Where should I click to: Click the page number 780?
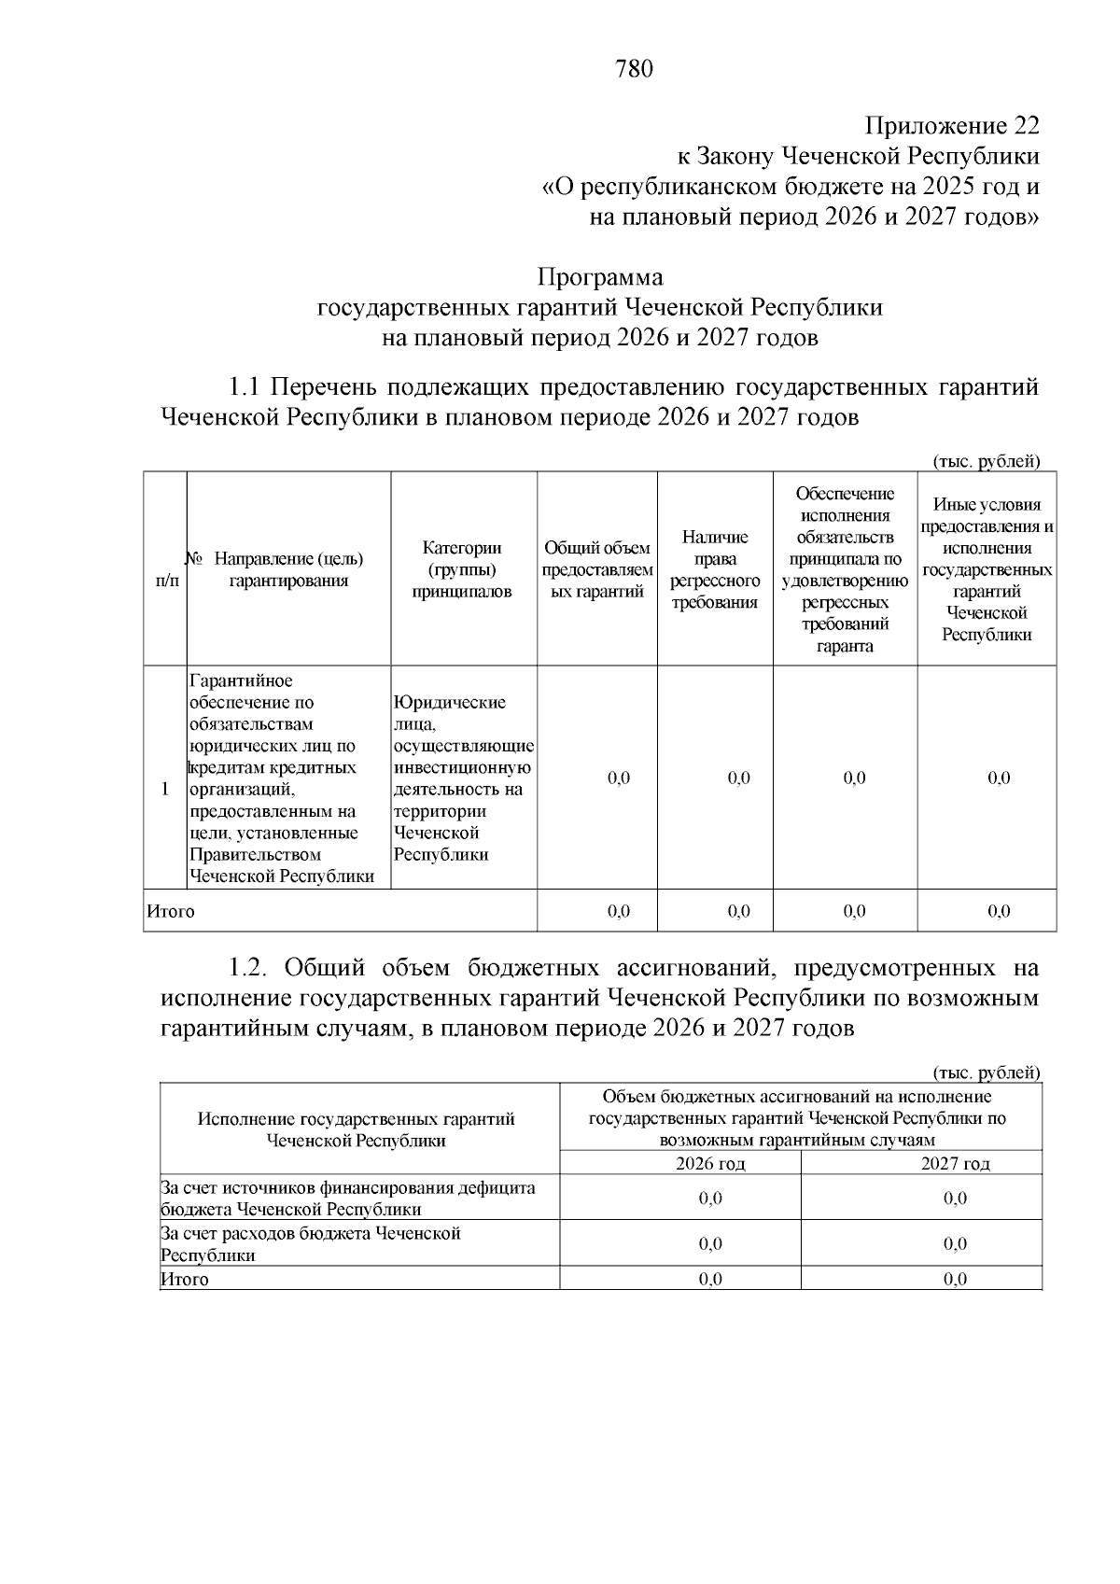pos(634,69)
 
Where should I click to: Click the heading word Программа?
pos(600,277)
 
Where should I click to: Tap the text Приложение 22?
pos(951,126)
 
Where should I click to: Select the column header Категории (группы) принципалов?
pos(462,569)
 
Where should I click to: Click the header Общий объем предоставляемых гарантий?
pos(597,569)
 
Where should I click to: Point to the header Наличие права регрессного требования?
pos(715,569)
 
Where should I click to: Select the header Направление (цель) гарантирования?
pos(288,569)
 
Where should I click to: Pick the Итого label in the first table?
pos(171,911)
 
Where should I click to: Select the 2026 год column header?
pos(710,1163)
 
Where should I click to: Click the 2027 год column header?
pos(955,1163)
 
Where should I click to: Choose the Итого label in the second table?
pos(185,1280)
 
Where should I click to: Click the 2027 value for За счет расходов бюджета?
pos(955,1244)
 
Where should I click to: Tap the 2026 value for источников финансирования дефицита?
pos(710,1199)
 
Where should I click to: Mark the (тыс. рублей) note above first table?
pos(986,461)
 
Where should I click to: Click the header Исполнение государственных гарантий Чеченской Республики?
pos(357,1129)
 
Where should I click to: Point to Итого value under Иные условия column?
pos(999,911)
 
